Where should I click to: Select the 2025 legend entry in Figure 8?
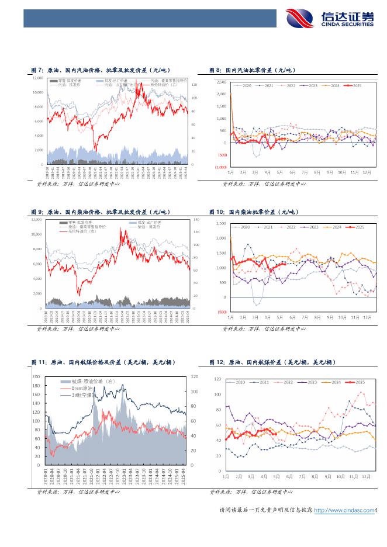point(355,86)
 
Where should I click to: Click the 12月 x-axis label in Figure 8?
point(367,173)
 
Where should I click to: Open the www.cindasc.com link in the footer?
point(344,510)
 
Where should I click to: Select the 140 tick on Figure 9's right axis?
point(196,220)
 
